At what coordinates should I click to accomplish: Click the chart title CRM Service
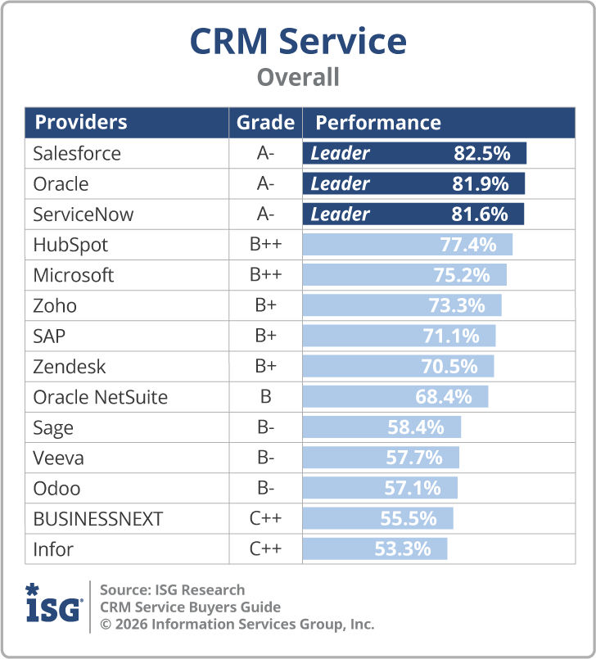298,41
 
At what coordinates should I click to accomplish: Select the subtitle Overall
298,78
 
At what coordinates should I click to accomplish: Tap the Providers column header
81,123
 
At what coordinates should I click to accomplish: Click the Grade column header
265,123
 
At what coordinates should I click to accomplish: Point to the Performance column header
378,123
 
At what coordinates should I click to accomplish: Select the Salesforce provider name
77,154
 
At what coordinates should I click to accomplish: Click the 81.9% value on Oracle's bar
481,184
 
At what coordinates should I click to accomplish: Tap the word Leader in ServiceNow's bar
340,214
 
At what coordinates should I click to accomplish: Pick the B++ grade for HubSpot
265,245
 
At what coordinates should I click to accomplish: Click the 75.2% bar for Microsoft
404,275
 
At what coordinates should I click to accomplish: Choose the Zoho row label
55,306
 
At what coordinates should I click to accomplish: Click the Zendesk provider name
70,367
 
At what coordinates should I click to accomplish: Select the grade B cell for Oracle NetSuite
265,398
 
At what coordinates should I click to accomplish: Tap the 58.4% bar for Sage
382,427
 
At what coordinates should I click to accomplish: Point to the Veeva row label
58,458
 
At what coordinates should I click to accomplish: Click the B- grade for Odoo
265,489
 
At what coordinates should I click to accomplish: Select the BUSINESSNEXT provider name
98,519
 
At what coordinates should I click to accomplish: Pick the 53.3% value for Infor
403,549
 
